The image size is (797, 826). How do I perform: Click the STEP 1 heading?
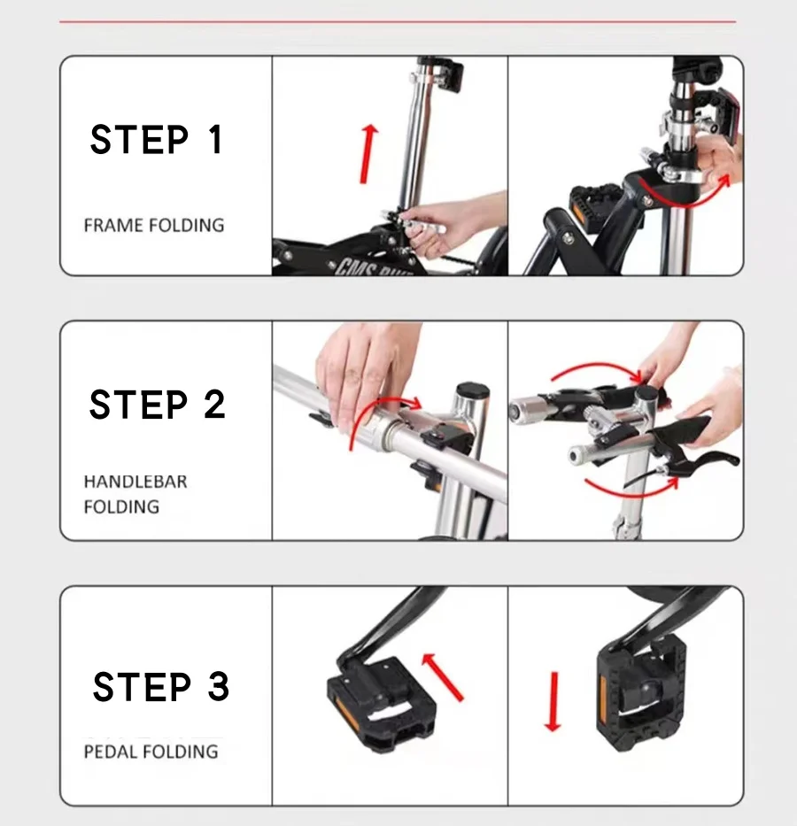pos(156,140)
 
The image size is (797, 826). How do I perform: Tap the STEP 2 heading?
pos(157,405)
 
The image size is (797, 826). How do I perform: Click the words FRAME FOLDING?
pos(154,225)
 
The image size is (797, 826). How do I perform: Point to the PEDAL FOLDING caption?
pos(151,752)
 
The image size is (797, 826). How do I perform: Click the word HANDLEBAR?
pos(135,482)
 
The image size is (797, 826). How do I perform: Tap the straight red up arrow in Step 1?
pos(368,154)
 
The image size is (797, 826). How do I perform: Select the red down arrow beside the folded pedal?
pos(553,702)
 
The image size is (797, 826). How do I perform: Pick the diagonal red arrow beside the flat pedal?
pos(443,677)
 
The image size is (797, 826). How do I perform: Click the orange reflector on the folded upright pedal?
pos(603,702)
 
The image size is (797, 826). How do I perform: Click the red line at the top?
pos(398,22)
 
